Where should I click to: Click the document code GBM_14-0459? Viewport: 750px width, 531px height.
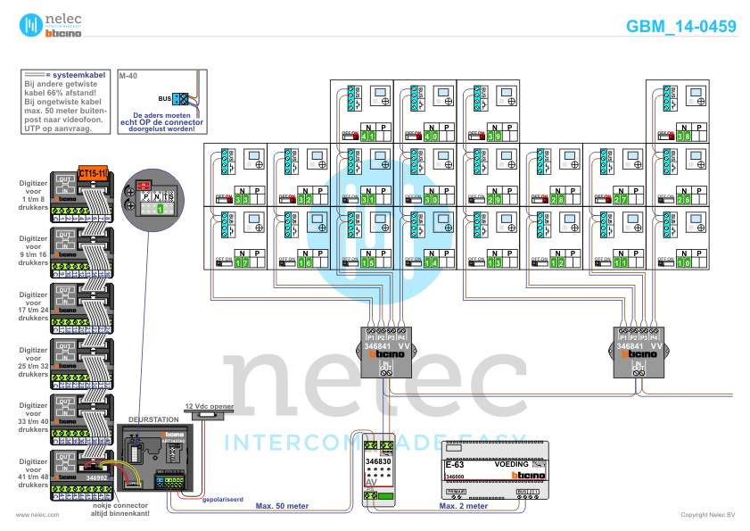(681, 27)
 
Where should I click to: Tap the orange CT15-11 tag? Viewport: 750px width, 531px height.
(93, 172)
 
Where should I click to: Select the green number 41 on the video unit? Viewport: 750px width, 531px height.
(369, 137)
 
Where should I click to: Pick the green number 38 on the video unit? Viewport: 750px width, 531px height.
(684, 137)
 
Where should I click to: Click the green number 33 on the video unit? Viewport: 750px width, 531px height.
(243, 199)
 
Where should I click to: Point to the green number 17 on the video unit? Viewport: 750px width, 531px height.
(243, 262)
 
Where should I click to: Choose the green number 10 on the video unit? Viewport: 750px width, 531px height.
(684, 262)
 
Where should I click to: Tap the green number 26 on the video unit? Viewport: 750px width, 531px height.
(684, 199)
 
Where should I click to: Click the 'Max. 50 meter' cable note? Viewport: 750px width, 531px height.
(282, 505)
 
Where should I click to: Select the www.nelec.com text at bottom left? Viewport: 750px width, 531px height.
(37, 515)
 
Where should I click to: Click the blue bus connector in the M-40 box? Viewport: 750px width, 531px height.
(180, 98)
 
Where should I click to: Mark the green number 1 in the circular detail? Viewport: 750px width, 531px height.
(161, 209)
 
